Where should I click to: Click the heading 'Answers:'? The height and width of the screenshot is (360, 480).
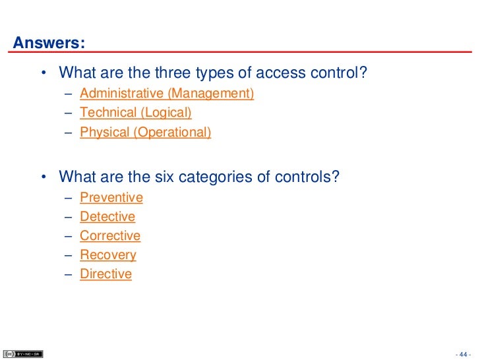point(49,44)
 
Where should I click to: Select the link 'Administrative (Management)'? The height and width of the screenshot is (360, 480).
point(166,94)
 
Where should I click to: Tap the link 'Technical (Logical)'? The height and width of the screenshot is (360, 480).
point(135,113)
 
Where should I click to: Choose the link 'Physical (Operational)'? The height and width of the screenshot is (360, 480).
point(145,132)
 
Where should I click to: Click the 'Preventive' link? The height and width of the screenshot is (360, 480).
point(111,197)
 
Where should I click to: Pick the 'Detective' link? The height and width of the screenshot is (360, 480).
point(107,216)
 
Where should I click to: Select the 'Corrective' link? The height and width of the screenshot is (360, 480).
point(109,235)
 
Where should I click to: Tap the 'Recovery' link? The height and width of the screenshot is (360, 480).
point(107,255)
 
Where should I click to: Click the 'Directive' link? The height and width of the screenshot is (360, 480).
point(105,274)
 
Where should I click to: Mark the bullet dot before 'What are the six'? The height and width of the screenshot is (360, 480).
point(43,177)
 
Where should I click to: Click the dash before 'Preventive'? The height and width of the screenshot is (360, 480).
point(69,198)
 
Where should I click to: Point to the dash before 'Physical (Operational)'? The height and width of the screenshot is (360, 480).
point(69,133)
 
